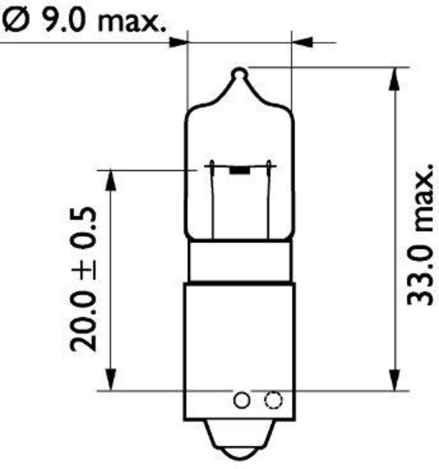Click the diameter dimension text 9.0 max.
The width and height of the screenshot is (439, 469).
pos(104,21)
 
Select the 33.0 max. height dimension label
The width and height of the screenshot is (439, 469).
pos(420,235)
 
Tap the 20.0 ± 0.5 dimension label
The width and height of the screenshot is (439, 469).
pos(84,278)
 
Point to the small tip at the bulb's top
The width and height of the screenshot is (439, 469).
pos(240,74)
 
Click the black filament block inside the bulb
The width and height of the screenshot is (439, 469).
pos(239,170)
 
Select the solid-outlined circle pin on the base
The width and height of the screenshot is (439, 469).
pos(242,400)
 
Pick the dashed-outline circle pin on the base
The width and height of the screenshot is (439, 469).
pos(273,400)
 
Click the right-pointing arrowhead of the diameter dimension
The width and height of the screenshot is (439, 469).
pos(179,42)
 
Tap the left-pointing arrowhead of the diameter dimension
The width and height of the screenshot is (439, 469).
pos(301,42)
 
